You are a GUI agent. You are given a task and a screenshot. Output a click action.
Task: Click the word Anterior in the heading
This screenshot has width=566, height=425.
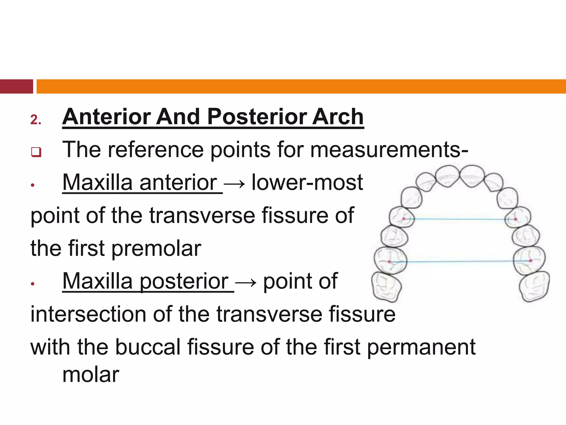point(106,117)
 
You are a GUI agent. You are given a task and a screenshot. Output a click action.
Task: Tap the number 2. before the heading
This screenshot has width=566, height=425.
point(36,120)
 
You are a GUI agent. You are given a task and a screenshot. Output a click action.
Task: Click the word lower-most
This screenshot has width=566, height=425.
point(307,183)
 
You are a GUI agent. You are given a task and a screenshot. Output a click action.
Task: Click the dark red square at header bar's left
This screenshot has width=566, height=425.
point(16,86)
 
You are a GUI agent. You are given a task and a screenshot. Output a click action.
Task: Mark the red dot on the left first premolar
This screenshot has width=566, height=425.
point(404,219)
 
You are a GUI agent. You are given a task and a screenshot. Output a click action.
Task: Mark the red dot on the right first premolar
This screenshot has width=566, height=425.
point(515,219)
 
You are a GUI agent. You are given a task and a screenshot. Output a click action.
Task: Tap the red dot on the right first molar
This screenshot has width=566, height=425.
point(531,261)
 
